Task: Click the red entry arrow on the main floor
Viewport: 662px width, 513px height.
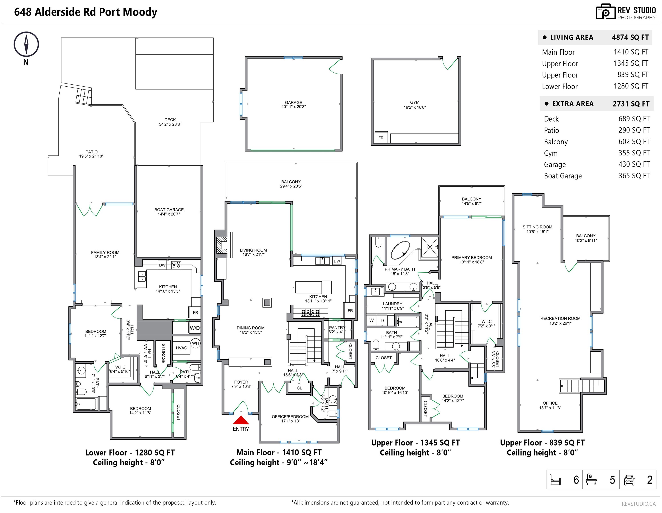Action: (241, 420)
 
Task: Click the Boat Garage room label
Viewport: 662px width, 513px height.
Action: (169, 212)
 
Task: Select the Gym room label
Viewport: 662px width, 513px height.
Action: (415, 105)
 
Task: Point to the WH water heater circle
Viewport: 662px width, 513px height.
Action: (196, 343)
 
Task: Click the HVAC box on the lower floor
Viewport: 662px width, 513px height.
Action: (181, 348)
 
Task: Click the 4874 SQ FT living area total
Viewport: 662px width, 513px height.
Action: (630, 37)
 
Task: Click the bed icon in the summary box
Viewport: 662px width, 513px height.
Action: (555, 480)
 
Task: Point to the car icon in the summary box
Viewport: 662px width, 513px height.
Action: (629, 480)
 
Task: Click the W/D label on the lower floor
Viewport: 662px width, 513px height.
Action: (195, 328)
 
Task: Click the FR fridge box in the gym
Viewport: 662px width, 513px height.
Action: (381, 137)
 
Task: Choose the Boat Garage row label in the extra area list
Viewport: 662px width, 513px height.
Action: (563, 176)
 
